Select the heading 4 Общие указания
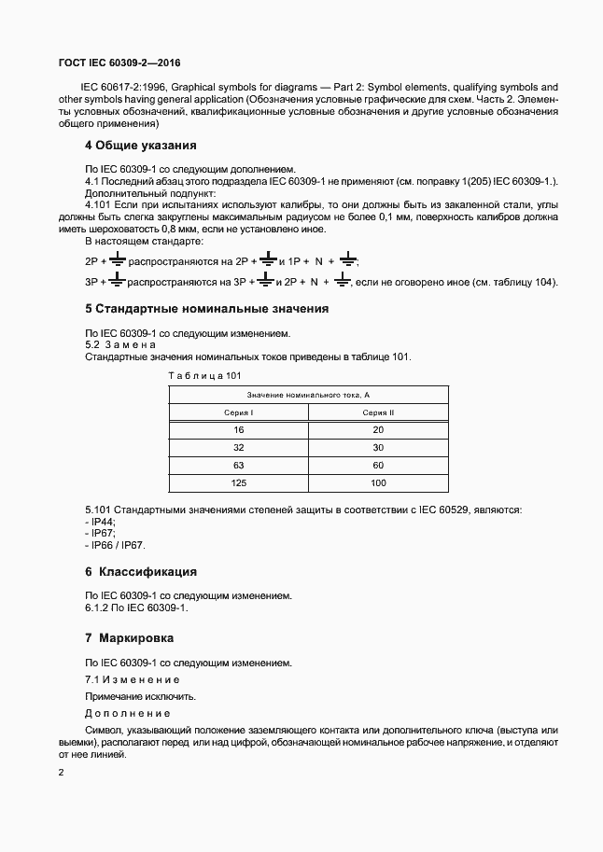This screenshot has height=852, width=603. [x=141, y=146]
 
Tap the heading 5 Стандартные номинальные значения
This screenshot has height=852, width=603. [x=206, y=308]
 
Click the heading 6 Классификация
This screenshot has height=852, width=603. [x=141, y=571]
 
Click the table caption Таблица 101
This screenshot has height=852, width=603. [x=203, y=375]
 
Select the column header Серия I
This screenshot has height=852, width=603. [x=239, y=412]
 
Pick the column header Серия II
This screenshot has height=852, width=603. [x=378, y=412]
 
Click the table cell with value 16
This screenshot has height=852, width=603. [x=239, y=430]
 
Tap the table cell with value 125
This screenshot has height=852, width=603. [x=239, y=482]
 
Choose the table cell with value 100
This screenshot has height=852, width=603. [x=378, y=482]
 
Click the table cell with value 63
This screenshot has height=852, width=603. [x=239, y=465]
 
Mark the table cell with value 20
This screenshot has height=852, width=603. [x=378, y=430]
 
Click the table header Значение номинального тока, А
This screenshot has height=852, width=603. [x=309, y=395]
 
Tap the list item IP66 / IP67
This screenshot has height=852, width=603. [x=117, y=545]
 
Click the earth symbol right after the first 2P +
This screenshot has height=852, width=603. [x=117, y=261]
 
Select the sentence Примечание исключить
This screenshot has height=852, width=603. [x=141, y=697]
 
